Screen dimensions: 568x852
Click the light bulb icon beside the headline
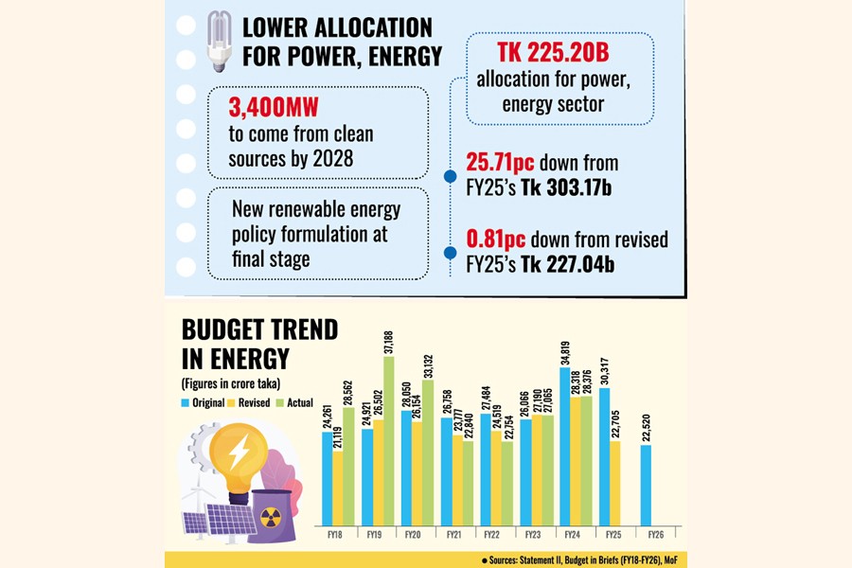coord(220,44)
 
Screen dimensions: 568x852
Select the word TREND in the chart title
coord(293,330)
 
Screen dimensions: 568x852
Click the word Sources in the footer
coord(511,559)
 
